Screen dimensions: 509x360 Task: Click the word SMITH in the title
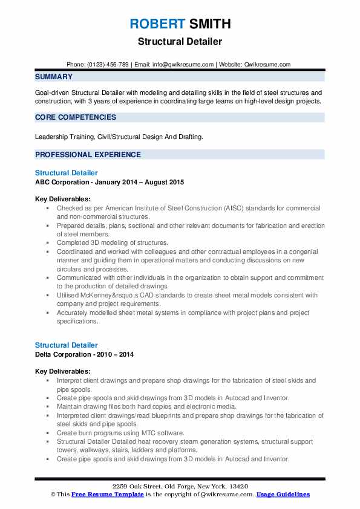pyautogui.click(x=209, y=24)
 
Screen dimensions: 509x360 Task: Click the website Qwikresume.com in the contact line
pyautogui.click(x=267, y=65)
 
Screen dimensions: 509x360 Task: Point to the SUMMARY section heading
pyautogui.click(x=54, y=77)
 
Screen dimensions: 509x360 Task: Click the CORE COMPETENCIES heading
pyautogui.click(x=76, y=117)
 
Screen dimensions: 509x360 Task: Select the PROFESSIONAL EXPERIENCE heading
pyautogui.click(x=88, y=154)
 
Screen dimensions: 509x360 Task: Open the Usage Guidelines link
pyautogui.click(x=283, y=494)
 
